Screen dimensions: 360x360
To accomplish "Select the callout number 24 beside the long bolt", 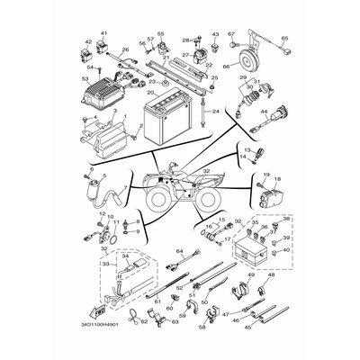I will [216, 112].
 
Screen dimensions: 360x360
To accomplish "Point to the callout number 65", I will [284, 39].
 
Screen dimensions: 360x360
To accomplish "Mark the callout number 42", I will [88, 41].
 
